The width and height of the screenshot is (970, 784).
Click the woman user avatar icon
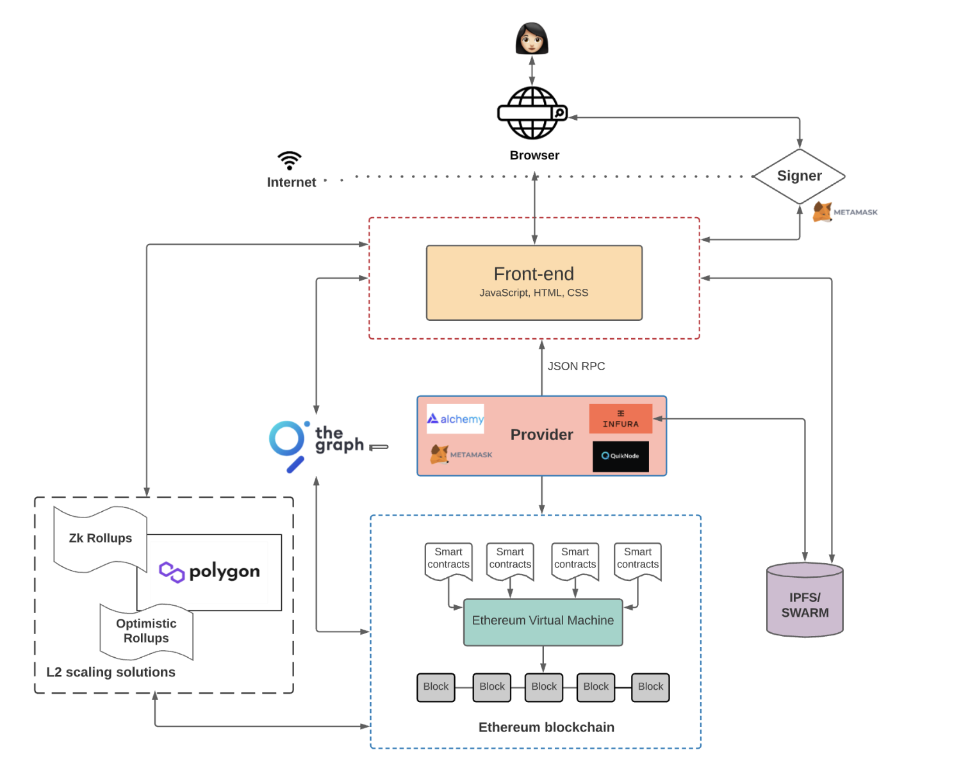click(x=532, y=39)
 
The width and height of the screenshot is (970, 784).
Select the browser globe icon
click(x=532, y=113)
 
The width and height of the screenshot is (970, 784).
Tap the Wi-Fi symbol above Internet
click(x=290, y=160)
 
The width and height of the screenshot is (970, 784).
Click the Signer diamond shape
click(x=799, y=176)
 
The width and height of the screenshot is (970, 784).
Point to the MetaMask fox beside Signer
click(x=823, y=212)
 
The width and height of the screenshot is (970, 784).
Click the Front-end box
click(x=534, y=282)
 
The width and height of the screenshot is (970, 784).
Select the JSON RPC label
click(x=576, y=366)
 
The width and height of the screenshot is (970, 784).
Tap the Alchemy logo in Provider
click(x=456, y=419)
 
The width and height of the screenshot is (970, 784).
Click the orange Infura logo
click(x=620, y=418)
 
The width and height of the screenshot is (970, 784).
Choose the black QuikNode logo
click(x=620, y=456)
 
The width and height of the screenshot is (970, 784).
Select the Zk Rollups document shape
click(x=101, y=539)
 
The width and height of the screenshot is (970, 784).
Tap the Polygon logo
click(x=210, y=571)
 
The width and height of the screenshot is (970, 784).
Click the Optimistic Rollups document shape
click(x=146, y=631)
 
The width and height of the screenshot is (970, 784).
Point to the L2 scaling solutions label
click(x=111, y=672)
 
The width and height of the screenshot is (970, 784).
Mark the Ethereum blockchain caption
click(x=546, y=727)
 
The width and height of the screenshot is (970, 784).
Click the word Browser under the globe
click(x=534, y=156)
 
